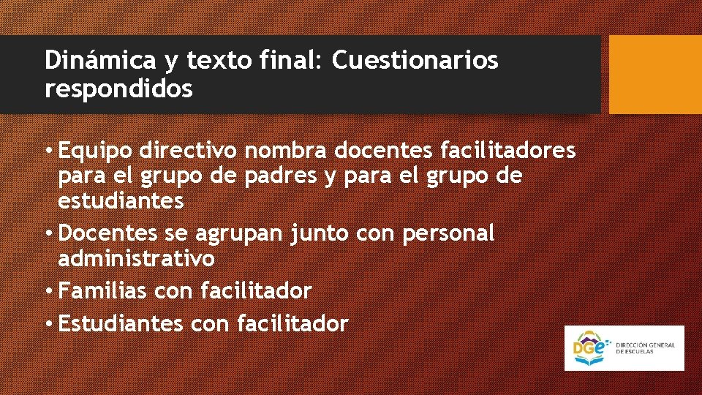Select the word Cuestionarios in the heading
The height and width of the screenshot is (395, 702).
415,61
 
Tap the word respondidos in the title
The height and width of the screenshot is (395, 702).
118,89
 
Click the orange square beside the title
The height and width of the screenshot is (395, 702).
655,74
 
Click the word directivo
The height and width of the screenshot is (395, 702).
190,151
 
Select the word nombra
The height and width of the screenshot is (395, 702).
286,151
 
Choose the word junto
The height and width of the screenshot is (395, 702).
315,233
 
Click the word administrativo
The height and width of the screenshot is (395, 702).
136,258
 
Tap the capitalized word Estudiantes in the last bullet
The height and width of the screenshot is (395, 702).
121,323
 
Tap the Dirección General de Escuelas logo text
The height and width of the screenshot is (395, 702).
645,347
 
